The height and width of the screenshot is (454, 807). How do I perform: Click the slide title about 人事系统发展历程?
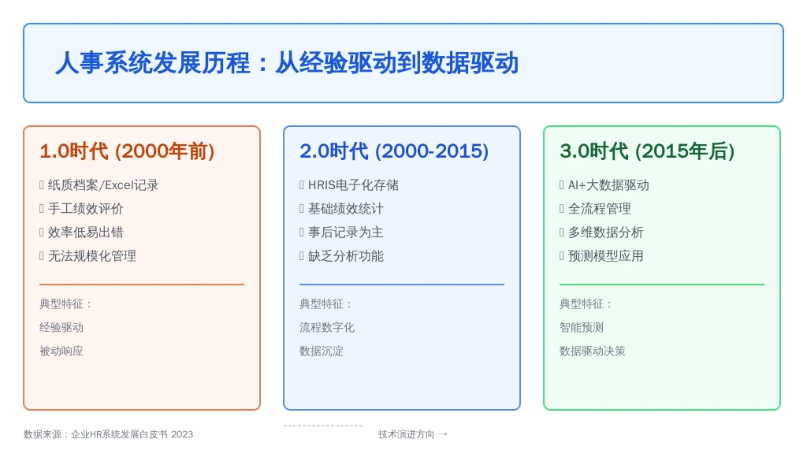point(287,63)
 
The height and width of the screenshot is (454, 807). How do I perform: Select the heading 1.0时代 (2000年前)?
point(127,151)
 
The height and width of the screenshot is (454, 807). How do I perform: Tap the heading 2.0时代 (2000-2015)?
point(394,151)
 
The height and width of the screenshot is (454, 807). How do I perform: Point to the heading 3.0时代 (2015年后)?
point(647,151)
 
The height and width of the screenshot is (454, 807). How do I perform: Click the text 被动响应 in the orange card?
point(61,351)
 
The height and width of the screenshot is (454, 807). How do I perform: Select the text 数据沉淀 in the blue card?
point(322,351)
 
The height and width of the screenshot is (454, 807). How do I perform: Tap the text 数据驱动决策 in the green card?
point(593,351)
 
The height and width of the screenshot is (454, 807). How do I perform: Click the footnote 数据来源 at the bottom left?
point(109,434)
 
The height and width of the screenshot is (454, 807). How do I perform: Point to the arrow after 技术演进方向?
point(443,434)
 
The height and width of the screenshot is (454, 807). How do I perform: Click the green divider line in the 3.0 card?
point(662,284)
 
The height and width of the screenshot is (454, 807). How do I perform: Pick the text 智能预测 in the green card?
point(582,327)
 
